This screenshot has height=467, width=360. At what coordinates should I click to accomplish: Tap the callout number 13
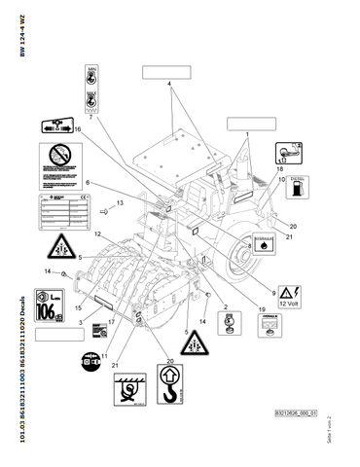click(x=119, y=203)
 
